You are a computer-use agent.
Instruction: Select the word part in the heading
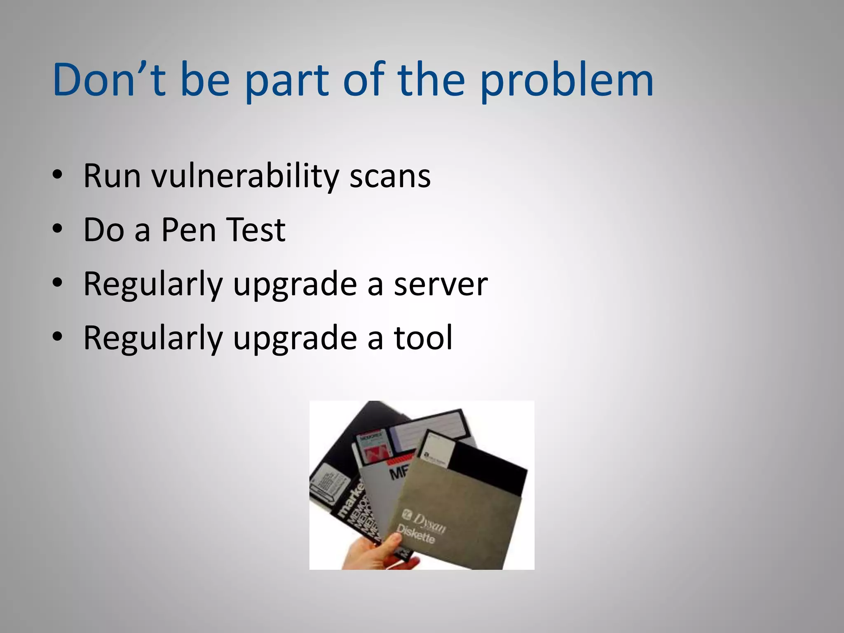pos(286,81)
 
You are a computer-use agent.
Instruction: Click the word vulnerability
pos(245,176)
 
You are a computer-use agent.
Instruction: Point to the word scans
pos(390,176)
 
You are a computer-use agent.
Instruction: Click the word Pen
pos(188,230)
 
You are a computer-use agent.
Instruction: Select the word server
pos(441,284)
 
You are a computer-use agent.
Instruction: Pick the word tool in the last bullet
pos(423,338)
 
